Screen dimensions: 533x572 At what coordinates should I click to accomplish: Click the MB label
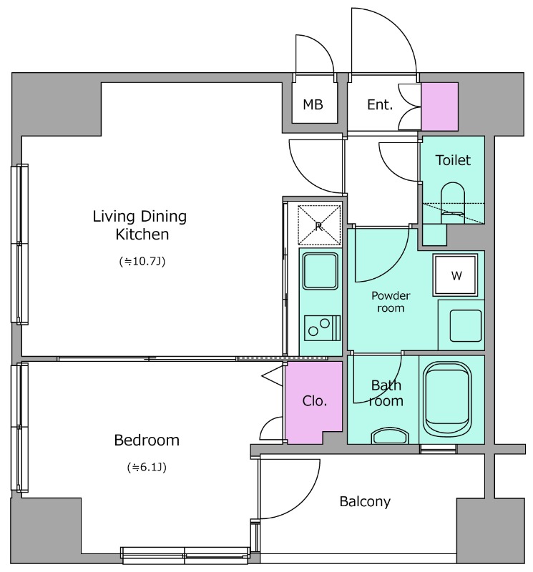[x=313, y=104]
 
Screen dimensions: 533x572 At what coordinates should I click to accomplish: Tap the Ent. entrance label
[x=380, y=104]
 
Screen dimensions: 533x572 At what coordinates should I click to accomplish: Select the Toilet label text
[x=453, y=160]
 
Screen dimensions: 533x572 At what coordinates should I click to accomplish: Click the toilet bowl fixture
[x=453, y=203]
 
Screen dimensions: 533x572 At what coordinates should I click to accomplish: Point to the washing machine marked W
[x=455, y=275]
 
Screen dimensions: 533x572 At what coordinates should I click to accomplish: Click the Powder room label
[x=391, y=302]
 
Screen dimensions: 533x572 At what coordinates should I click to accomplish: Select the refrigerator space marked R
[x=319, y=225]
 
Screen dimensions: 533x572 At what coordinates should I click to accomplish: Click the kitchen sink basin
[x=321, y=271]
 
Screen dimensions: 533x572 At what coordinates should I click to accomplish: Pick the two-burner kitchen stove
[x=322, y=328]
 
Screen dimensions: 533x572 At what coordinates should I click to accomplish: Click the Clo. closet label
[x=314, y=401]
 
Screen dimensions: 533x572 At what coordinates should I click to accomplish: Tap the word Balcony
[x=365, y=502]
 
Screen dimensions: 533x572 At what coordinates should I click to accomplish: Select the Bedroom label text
[x=147, y=440]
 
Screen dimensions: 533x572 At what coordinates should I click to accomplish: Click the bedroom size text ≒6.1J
[x=147, y=467]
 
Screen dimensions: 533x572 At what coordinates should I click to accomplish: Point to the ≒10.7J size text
[x=142, y=261]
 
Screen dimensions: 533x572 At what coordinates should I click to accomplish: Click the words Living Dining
[x=140, y=217]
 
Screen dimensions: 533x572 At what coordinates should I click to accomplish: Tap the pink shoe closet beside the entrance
[x=439, y=107]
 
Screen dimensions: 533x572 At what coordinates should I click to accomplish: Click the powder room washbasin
[x=466, y=325]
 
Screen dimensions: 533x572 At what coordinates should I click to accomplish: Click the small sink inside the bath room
[x=390, y=436]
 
